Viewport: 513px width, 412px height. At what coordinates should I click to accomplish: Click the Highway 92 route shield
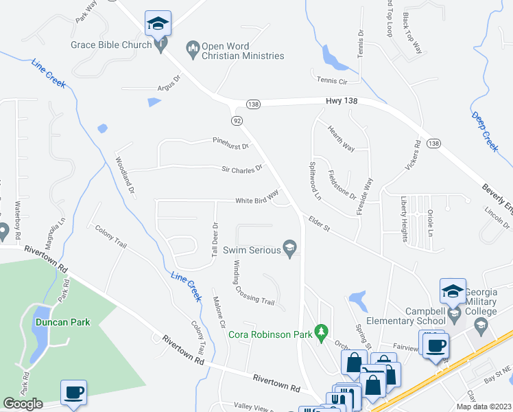[237, 121]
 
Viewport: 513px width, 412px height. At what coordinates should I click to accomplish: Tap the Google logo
[23, 404]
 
